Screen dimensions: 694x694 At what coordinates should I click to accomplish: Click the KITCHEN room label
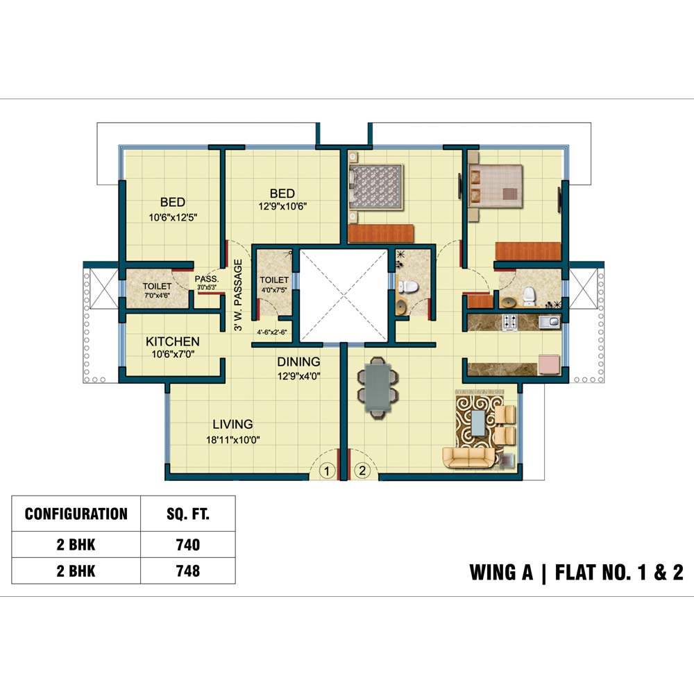coord(173,341)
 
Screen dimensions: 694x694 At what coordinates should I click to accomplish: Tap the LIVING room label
coord(232,424)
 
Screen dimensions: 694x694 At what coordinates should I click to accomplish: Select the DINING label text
coord(298,362)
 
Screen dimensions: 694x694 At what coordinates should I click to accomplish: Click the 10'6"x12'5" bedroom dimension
coord(173,217)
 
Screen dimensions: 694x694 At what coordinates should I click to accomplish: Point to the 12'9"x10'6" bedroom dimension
coord(282,206)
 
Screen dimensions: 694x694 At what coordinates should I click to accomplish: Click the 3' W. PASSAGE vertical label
coord(238,295)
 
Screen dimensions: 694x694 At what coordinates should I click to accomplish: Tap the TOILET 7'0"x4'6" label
coord(157,290)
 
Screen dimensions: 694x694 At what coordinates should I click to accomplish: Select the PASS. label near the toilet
coord(207,279)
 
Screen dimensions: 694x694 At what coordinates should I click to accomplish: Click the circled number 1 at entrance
coord(327,471)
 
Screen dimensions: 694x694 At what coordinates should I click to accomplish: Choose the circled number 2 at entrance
coord(362,470)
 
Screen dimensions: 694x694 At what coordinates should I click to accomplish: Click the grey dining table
coord(377,387)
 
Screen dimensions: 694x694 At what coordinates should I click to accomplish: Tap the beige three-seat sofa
coord(469,457)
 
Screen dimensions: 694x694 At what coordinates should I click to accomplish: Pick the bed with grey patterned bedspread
coord(376,187)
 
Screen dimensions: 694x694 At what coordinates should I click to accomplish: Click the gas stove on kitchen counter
coord(509,322)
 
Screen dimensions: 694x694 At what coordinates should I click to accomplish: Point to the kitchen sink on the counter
coord(549,322)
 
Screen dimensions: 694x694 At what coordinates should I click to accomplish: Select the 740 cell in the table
coord(187,544)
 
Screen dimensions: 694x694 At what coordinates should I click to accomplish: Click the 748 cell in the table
coord(187,571)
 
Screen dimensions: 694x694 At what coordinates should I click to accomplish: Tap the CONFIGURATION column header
coord(76,514)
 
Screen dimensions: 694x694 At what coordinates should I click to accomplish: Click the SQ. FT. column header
coord(187,514)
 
